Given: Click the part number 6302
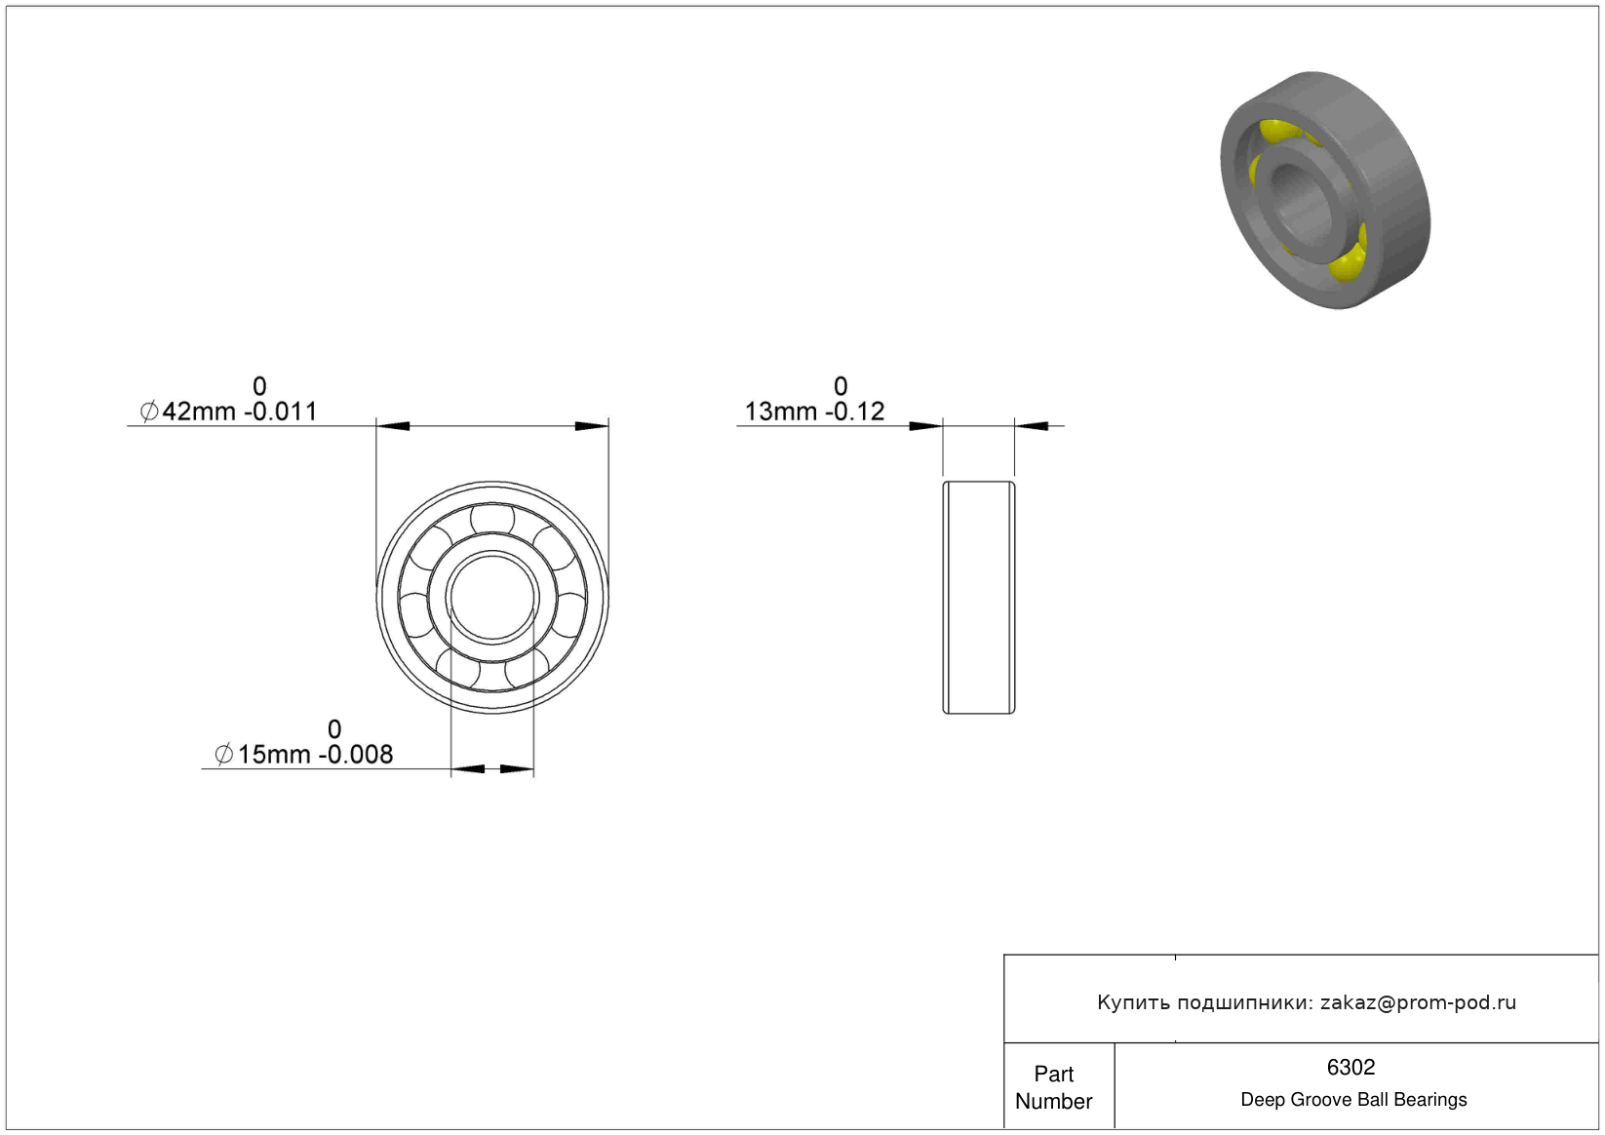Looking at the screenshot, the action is click(x=1351, y=1068).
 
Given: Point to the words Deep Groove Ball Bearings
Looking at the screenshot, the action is click(x=1353, y=1100).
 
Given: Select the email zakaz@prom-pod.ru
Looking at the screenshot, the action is click(x=1418, y=1002).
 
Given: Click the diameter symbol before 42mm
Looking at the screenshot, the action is click(x=149, y=411).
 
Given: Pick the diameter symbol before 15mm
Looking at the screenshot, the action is click(x=224, y=755).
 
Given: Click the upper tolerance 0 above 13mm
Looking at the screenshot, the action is click(x=841, y=387).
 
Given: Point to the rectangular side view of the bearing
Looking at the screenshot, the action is click(x=979, y=598).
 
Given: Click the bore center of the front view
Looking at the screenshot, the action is click(x=492, y=598).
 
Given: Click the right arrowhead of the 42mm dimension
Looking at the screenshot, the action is click(x=592, y=426).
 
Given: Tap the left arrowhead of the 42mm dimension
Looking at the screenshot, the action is click(x=393, y=426).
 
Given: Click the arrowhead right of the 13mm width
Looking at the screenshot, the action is click(x=1032, y=426).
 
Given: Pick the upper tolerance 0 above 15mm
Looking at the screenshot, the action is click(x=333, y=729).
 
